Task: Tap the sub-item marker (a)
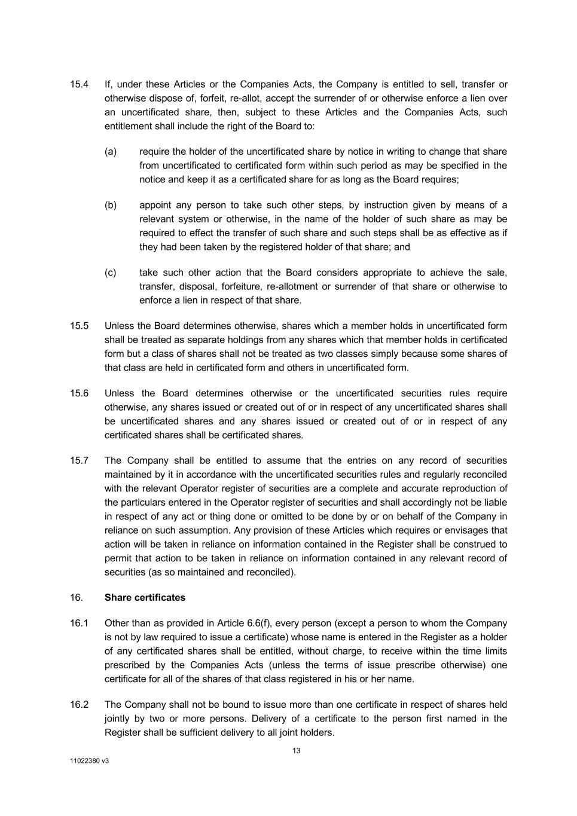111,152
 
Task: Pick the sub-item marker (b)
111,205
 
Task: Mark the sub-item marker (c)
111,273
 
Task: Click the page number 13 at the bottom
297,751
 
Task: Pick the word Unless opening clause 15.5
119,326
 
